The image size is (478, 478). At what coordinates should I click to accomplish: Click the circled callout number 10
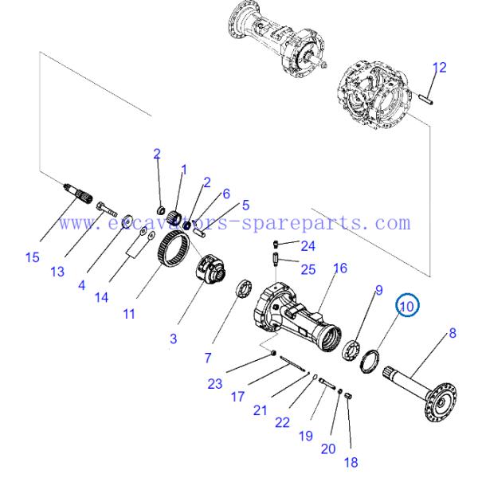pyautogui.click(x=407, y=304)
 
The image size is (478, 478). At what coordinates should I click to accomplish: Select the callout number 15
pyautogui.click(x=31, y=257)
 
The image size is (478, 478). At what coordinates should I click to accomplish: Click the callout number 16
pyautogui.click(x=340, y=268)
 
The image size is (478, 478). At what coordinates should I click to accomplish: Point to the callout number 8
pyautogui.click(x=453, y=332)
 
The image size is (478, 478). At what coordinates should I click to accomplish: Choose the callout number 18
pyautogui.click(x=351, y=461)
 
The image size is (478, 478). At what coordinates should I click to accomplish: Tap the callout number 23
pyautogui.click(x=214, y=383)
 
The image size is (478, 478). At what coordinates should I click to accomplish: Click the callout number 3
pyautogui.click(x=173, y=339)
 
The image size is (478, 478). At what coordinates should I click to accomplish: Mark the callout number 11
pyautogui.click(x=128, y=314)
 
